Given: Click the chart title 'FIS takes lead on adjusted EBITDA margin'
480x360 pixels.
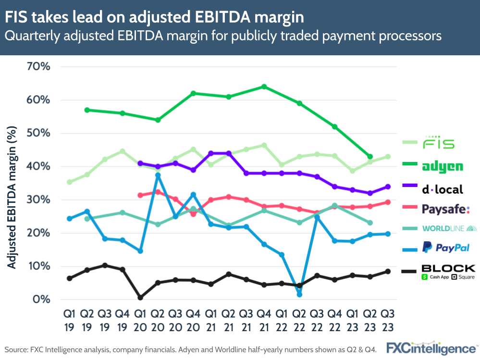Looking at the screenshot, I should (x=154, y=17).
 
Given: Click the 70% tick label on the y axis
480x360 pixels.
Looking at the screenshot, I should (x=38, y=66).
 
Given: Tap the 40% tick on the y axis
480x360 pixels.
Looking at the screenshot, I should (x=38, y=166).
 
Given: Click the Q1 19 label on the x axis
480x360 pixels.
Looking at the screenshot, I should (x=70, y=320).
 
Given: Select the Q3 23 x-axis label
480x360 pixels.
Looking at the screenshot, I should (x=387, y=320).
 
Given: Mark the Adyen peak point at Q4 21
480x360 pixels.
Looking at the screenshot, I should (x=264, y=87).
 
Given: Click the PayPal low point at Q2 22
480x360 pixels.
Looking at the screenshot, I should (x=299, y=294).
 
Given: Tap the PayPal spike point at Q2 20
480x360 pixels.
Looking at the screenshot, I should (x=158, y=175).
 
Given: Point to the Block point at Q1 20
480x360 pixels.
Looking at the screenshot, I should (x=140, y=298).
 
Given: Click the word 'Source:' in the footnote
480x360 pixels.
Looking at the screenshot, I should (x=16, y=348).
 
